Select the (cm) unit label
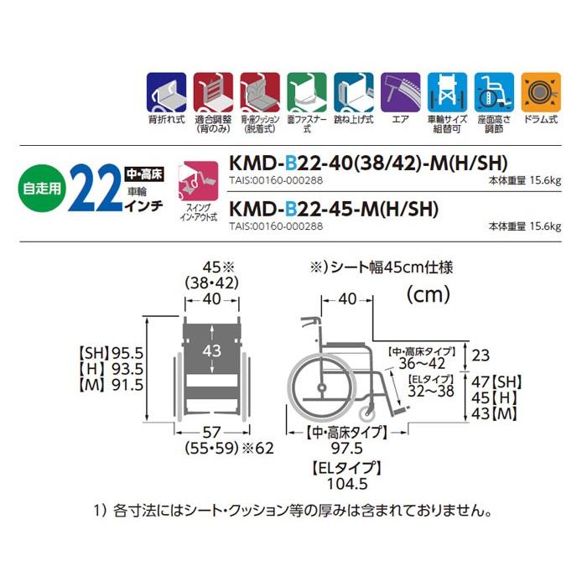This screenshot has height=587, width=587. point(428,294)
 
